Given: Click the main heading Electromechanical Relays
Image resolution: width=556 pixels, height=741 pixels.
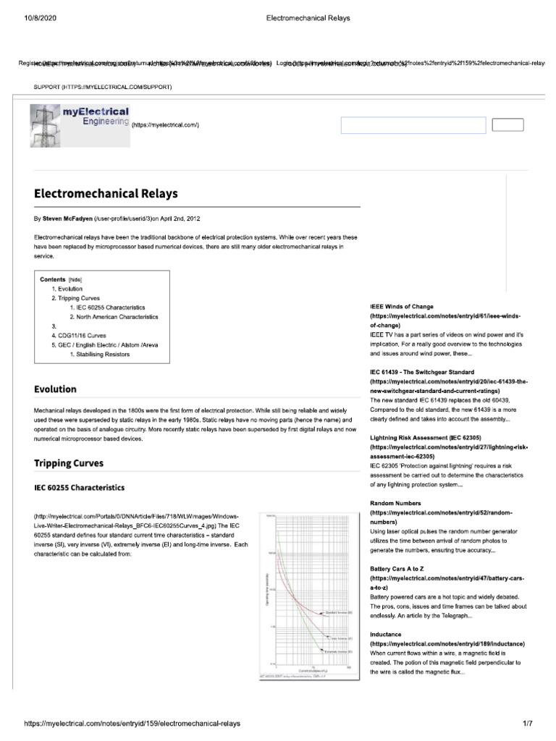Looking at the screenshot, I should click(x=106, y=194).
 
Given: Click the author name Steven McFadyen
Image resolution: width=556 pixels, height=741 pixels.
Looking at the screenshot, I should click(x=67, y=218).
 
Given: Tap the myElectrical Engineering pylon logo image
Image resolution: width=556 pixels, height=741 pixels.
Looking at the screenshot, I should click(x=80, y=125).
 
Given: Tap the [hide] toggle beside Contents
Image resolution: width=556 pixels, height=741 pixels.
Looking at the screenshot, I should click(x=75, y=279).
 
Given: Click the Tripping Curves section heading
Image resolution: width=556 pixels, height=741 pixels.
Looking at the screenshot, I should click(x=69, y=463).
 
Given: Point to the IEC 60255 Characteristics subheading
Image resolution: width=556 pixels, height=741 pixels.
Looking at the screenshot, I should click(x=80, y=488).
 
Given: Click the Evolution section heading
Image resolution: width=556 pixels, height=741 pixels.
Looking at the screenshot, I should click(x=55, y=389).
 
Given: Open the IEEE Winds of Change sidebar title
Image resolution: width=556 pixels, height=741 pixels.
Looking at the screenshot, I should click(x=402, y=307).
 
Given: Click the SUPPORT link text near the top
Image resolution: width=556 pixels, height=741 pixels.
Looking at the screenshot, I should click(x=49, y=87).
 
